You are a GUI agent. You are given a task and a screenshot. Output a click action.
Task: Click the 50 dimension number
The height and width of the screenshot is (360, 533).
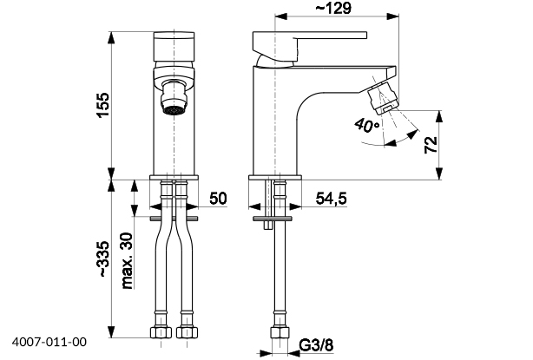click(x=218, y=199)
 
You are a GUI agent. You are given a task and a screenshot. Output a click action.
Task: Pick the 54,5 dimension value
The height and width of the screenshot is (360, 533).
click(x=330, y=199)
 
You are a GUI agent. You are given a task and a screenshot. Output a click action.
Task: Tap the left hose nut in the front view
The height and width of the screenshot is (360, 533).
click(x=161, y=331)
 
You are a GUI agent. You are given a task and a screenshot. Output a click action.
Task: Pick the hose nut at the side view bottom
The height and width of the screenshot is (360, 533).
click(x=280, y=335)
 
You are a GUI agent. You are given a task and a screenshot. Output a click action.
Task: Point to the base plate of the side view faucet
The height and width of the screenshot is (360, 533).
click(x=277, y=177)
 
